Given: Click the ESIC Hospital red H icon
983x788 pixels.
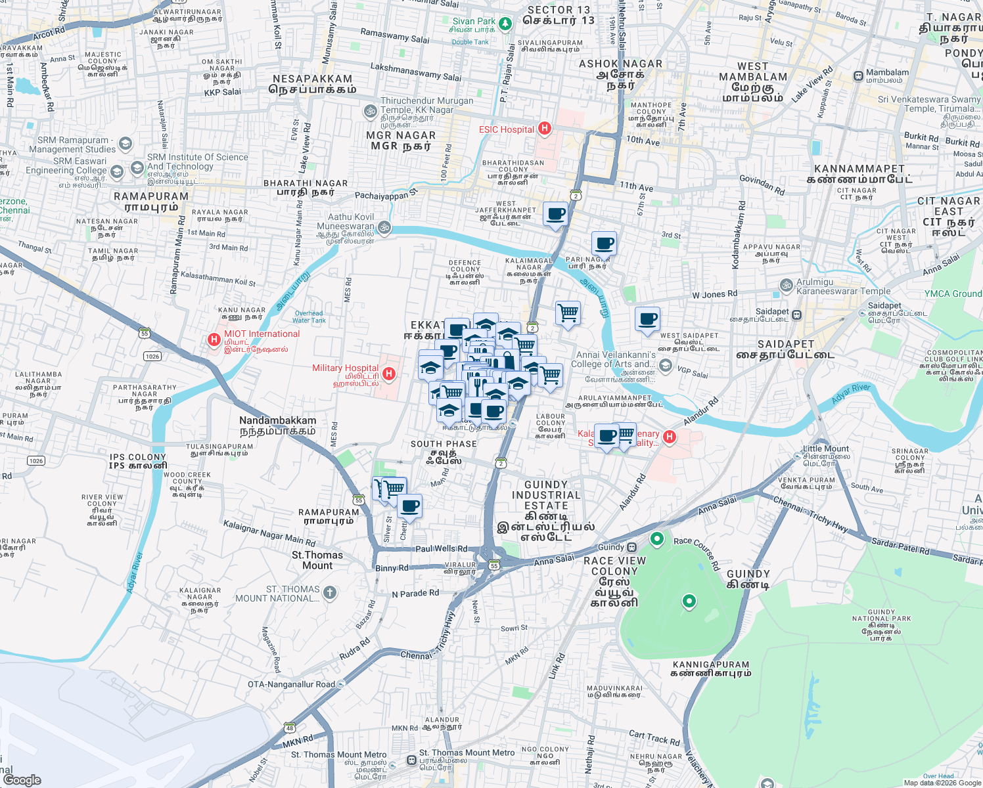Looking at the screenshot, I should coord(544,128).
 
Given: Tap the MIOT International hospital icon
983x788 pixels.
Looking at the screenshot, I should coord(214,339).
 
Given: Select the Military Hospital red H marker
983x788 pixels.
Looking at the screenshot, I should coord(389,374).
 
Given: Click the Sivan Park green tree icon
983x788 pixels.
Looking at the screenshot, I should coord(505,24).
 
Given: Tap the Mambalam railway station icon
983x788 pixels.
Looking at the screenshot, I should coord(858,76).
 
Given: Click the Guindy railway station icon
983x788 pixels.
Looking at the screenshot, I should coord(631,547).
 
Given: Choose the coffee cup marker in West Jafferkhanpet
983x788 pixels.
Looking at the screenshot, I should coord(555,214).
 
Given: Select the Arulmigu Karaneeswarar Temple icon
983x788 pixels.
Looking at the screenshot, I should coord(786,285).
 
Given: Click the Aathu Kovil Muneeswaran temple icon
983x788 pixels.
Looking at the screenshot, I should coord(384,227).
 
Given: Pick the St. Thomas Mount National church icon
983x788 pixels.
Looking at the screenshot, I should coord(330,593).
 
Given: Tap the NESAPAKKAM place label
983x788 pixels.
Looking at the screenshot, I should coord(314,84).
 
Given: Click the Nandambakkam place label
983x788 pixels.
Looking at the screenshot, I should coord(277,426).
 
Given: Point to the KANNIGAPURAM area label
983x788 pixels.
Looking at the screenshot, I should coord(711,668).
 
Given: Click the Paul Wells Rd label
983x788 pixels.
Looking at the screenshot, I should coord(441,548).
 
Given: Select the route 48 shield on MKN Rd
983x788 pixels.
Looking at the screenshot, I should coord(290,728).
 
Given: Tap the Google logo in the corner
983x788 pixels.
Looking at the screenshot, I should coord(22,780).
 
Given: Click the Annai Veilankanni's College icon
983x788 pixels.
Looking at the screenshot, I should coord(666,365).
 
